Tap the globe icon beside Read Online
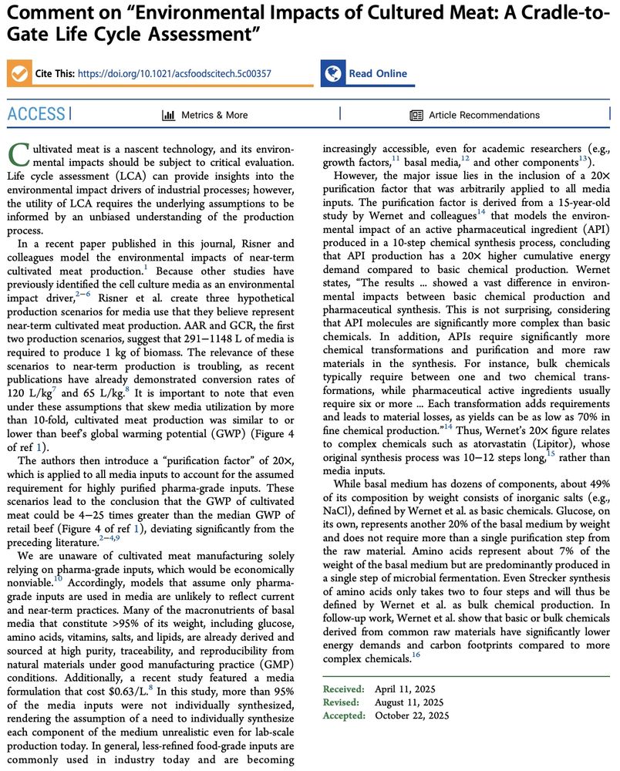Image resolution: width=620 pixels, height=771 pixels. pos(333,73)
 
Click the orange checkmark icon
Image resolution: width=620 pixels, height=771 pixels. pos(18,73)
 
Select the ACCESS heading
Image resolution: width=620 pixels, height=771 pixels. pos(36,115)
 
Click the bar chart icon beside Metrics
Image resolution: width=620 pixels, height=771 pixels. pos(168,115)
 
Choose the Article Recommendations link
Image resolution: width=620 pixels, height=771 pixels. pos(484,115)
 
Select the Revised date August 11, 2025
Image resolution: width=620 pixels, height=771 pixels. pos(410,702)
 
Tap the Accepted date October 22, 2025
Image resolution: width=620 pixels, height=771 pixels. pos(415,715)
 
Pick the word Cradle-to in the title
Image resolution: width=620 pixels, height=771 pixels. pos(540,13)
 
